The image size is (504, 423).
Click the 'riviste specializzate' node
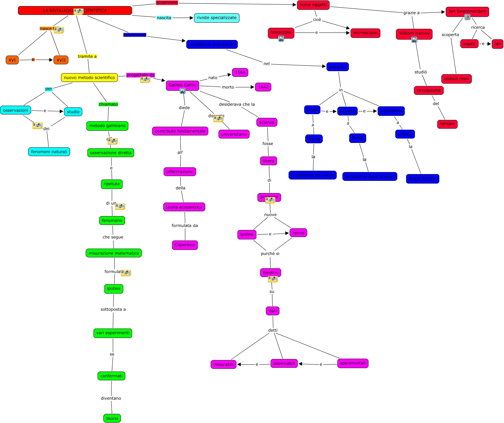pos(216,18)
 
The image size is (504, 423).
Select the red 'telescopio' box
pos(281,33)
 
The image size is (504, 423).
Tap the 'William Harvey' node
pos(414,34)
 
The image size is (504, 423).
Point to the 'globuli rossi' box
pos(456,79)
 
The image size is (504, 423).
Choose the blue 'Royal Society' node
pos(422,179)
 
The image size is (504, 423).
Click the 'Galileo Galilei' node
pos(182,85)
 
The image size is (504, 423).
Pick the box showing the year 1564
pos(240,72)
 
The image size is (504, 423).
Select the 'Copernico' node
pos(185,245)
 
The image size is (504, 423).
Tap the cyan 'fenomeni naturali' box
pos(49,152)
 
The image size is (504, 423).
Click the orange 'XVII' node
pos(61,60)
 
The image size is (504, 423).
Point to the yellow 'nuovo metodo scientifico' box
pos(89,78)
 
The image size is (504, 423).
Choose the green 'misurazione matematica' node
pos(114,253)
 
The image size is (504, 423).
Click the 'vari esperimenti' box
pos(112,333)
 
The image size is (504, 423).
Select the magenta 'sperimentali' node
pos(353,363)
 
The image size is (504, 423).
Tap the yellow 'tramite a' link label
pos(87,57)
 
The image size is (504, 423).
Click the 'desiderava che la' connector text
pos(237,104)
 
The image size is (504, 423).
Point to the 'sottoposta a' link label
pos(113,310)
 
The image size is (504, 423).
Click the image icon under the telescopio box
pos(281,39)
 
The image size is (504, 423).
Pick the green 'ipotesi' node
pos(113,289)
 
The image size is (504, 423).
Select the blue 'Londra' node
pos(405,134)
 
